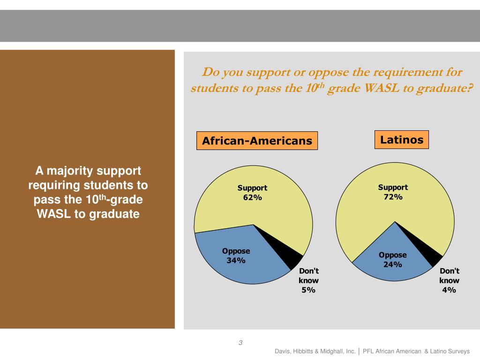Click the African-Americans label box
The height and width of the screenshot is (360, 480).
tap(257, 141)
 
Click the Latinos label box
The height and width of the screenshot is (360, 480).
tap(402, 140)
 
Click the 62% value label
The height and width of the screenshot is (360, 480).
tap(252, 198)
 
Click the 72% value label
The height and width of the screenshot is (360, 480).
tap(393, 197)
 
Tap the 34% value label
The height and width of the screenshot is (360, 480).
tap(236, 261)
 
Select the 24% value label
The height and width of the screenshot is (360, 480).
tap(393, 264)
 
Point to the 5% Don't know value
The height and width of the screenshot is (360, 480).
tap(308, 290)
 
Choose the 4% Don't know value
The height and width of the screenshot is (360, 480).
tap(449, 290)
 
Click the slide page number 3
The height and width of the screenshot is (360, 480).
tap(240, 343)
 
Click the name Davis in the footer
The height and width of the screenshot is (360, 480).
tap(283, 351)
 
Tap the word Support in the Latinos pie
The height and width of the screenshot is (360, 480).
tap(393, 187)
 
